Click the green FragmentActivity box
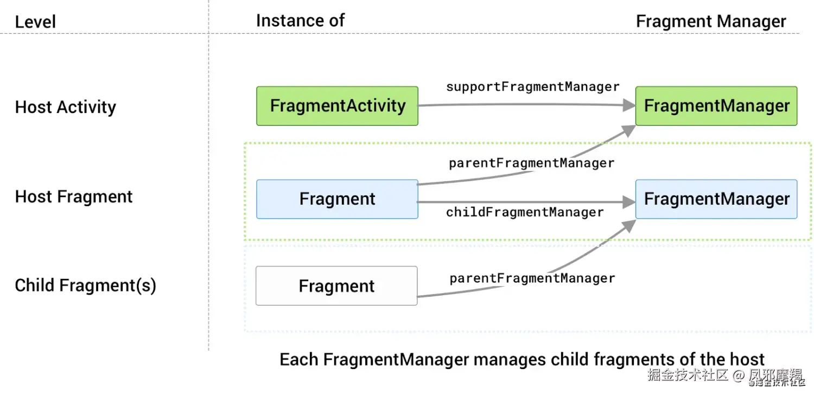tap(337, 106)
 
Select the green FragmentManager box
tap(716, 106)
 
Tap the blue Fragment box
tap(337, 199)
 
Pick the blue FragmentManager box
tap(716, 199)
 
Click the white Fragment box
tap(336, 285)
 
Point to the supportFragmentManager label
tap(533, 86)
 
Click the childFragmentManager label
tap(525, 212)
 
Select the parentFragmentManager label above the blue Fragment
tap(532, 163)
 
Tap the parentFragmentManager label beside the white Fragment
tap(532, 278)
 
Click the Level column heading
tap(35, 22)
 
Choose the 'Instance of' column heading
tap(300, 21)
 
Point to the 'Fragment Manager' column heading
tap(711, 21)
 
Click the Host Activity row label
tap(66, 107)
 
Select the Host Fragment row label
tap(74, 196)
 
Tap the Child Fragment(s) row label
tap(86, 285)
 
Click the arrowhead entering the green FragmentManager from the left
tap(629, 105)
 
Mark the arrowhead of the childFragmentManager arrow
tap(629, 202)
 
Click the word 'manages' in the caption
tap(510, 360)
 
